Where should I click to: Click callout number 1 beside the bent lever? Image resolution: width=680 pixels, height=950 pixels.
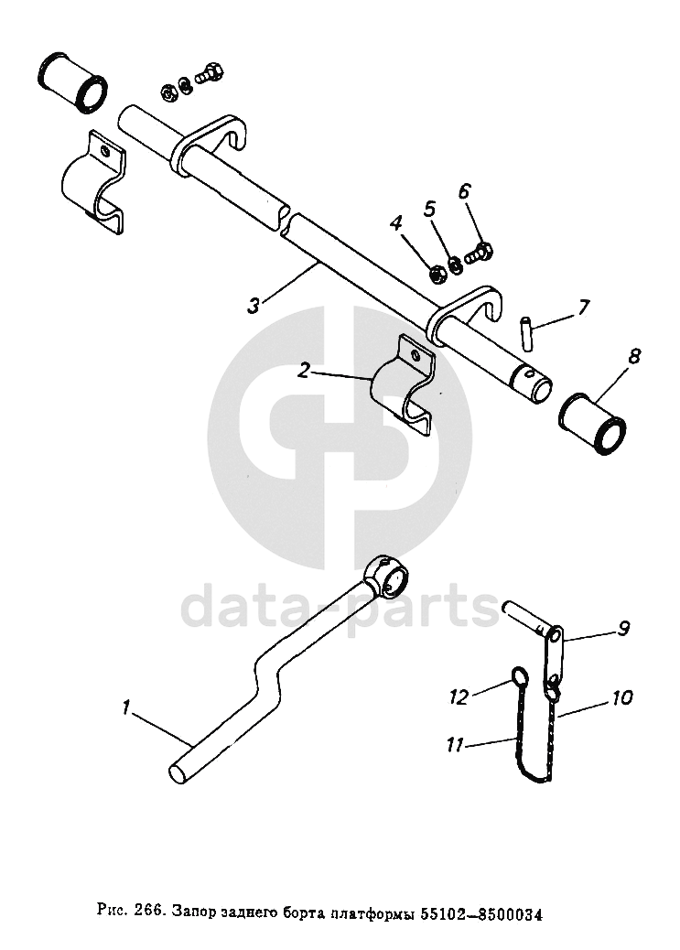(127, 707)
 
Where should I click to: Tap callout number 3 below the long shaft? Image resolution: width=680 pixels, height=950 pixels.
(254, 306)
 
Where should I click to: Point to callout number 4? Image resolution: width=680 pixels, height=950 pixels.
(396, 222)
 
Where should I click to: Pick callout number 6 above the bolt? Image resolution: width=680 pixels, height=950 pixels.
(464, 191)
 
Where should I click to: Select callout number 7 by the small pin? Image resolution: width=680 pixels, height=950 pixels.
(583, 307)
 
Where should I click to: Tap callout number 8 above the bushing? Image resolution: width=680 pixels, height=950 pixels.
(633, 354)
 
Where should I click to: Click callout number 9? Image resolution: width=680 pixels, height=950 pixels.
(623, 628)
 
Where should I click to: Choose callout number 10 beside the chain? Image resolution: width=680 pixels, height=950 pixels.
(622, 697)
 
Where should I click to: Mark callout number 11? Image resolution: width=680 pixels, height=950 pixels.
(455, 745)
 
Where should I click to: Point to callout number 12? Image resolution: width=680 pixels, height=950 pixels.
(459, 697)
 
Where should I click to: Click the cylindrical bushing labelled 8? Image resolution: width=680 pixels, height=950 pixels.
(594, 424)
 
